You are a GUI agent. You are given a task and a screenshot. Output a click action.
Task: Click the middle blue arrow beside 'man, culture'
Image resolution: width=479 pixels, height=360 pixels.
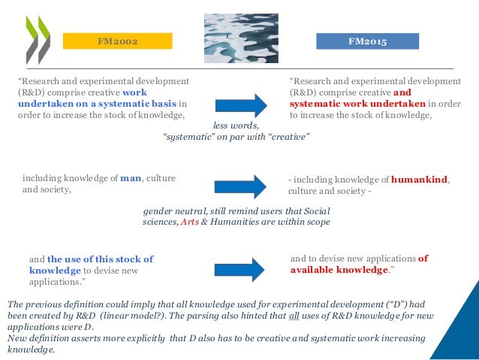[239, 185]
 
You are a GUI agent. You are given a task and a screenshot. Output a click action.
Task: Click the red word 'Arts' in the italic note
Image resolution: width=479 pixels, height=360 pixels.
[191, 222]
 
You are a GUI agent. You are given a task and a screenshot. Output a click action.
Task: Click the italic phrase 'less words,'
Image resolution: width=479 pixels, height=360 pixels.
[236, 127]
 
